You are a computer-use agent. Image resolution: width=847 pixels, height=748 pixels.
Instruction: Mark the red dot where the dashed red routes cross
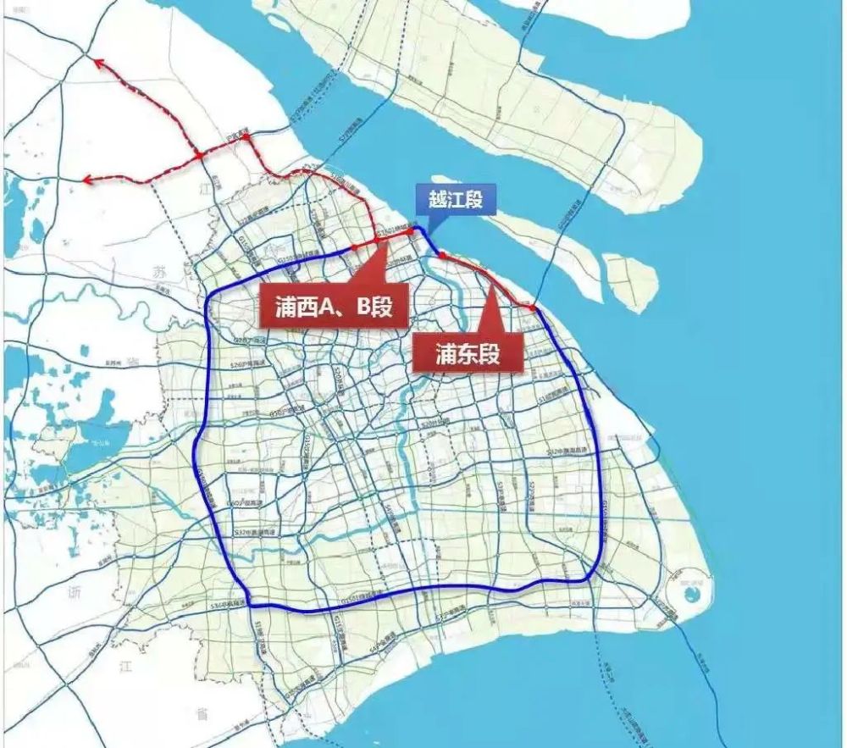point(197,156)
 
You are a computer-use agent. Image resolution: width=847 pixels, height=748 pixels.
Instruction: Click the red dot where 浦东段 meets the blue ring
point(533,308)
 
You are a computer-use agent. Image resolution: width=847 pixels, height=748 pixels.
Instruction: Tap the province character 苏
point(158,271)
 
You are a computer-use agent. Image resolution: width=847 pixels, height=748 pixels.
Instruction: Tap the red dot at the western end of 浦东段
point(441,254)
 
